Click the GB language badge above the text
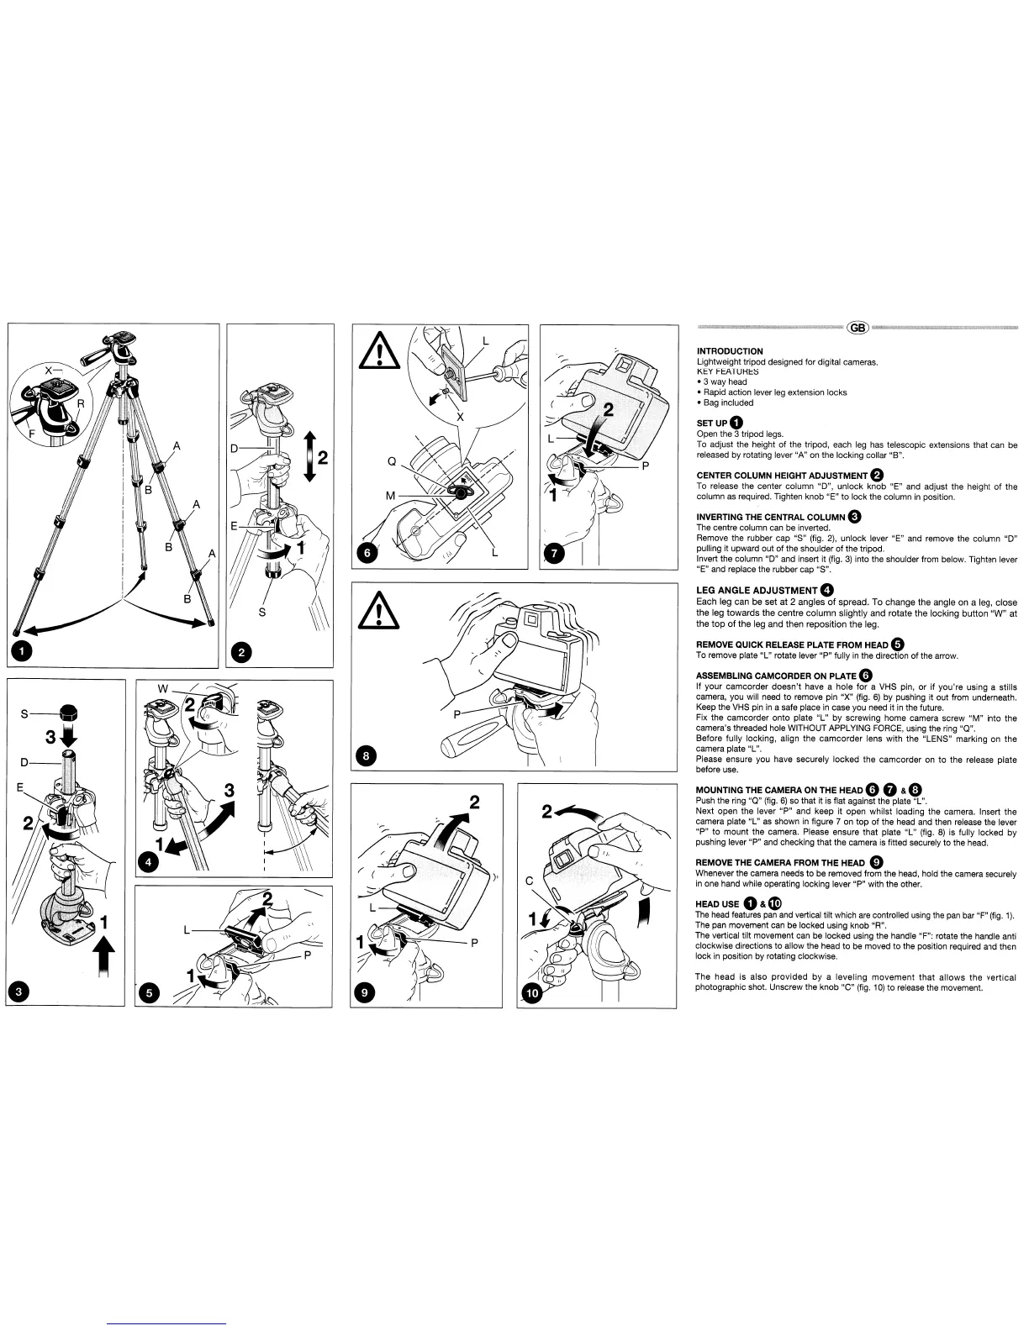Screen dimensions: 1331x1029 pos(857,328)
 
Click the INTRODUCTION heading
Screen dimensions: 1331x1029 pos(730,351)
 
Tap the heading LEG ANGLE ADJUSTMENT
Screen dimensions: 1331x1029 pos(757,591)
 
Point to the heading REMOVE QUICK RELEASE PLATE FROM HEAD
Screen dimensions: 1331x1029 pos(792,644)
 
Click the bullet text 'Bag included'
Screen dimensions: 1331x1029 pos(727,402)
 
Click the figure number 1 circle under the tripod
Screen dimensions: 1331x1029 pos(23,650)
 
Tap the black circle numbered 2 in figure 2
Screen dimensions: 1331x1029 pos(242,651)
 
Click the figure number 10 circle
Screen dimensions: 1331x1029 pos(533,993)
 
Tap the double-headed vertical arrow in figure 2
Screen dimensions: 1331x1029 pos(309,456)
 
